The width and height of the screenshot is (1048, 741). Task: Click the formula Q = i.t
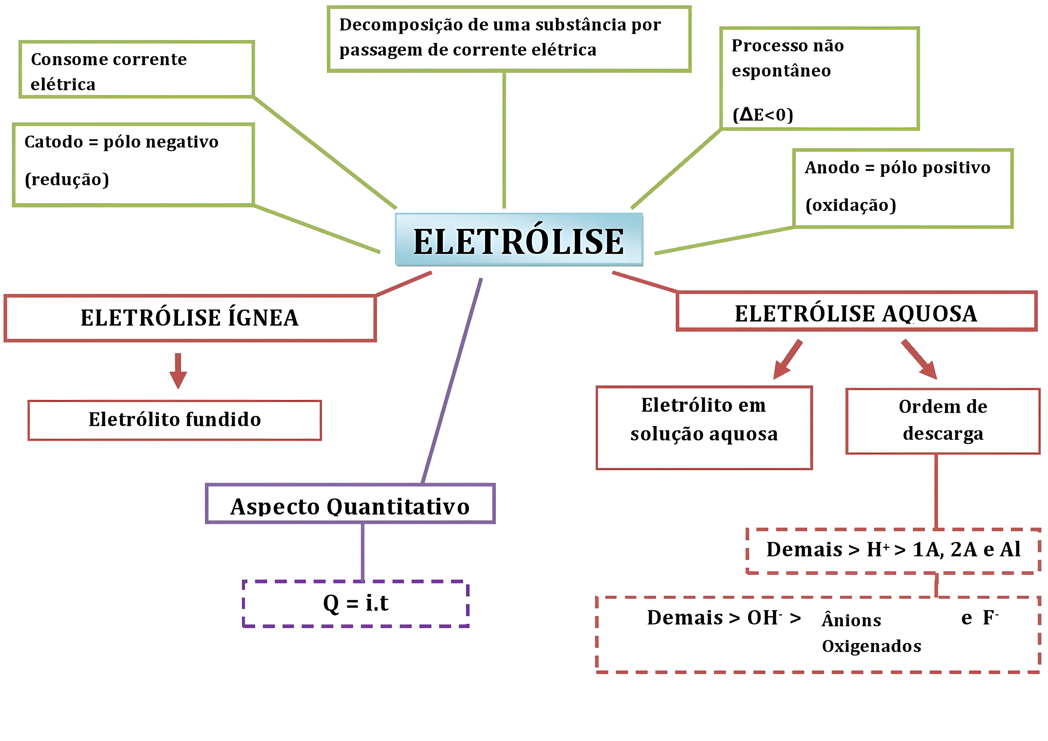(356, 604)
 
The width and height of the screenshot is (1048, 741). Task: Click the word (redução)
(67, 180)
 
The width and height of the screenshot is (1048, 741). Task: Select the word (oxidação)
(850, 205)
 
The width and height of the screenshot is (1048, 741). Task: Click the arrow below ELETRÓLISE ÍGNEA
(178, 371)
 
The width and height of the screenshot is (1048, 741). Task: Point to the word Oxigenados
(871, 646)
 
